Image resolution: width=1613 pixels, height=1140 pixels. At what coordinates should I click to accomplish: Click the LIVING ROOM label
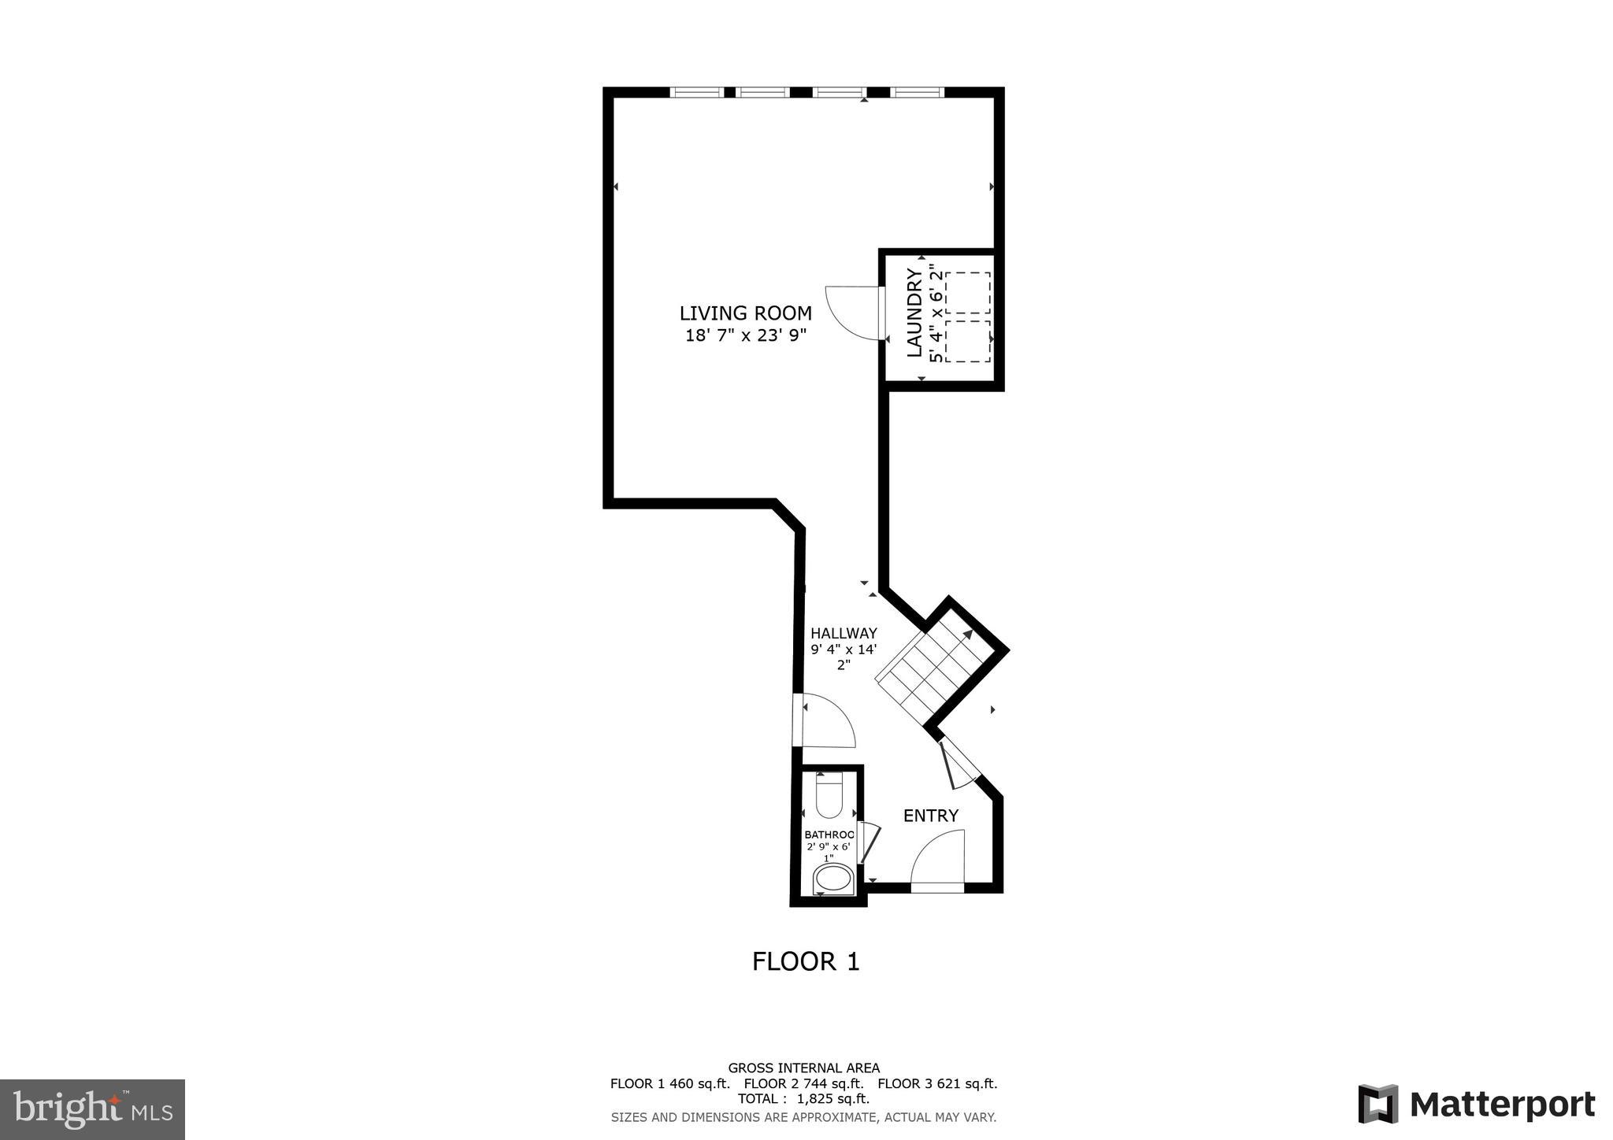[x=745, y=313]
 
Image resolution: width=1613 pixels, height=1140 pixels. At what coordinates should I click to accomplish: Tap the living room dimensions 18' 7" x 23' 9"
[x=745, y=336]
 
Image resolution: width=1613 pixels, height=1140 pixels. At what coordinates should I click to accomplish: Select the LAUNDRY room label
[x=914, y=313]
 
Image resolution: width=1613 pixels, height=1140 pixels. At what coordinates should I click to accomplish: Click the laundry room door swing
[x=855, y=312]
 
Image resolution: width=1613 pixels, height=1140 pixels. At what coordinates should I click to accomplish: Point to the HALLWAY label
[x=844, y=633]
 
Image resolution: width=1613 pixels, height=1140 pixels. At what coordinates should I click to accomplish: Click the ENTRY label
[x=930, y=816]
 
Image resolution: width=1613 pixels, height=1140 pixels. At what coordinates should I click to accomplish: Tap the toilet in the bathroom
[x=829, y=795]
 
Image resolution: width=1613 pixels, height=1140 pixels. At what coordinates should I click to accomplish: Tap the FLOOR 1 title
[x=806, y=961]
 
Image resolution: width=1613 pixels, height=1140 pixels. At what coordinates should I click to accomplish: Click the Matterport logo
[x=1477, y=1104]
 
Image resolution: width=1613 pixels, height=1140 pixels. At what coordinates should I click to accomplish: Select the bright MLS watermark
[x=93, y=1109]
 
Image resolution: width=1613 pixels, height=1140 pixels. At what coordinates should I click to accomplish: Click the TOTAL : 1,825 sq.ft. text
[x=803, y=1098]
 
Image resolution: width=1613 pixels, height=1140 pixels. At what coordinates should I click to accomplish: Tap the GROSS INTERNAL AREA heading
[x=803, y=1068]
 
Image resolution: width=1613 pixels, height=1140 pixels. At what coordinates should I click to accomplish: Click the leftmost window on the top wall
[x=697, y=92]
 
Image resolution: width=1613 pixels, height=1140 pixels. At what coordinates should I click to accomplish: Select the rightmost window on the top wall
[x=918, y=92]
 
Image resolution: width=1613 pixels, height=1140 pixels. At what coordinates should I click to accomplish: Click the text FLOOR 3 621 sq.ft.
[x=937, y=1083]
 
